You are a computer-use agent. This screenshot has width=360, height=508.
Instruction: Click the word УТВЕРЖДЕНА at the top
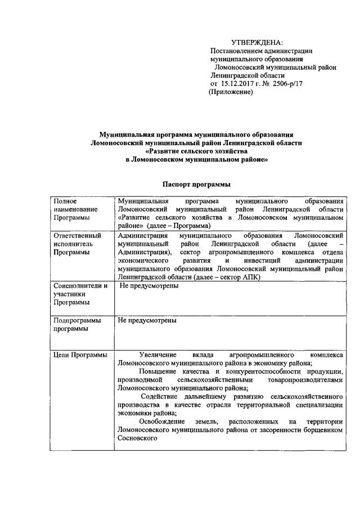click(258, 43)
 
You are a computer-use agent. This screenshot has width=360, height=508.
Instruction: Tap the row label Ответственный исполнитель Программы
click(76, 244)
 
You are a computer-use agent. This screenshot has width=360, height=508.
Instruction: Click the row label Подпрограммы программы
click(77, 325)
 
